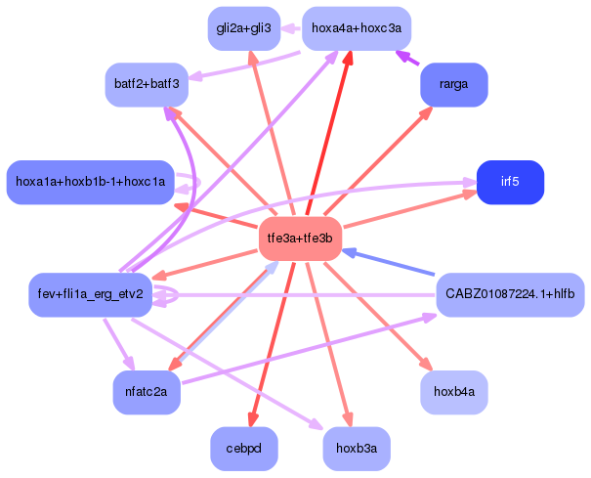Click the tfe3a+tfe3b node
pos(300,239)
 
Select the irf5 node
pos(510,182)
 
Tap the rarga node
pos(453,84)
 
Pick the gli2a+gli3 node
pos(244,28)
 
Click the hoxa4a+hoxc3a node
pos(357,28)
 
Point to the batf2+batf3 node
pos(147,84)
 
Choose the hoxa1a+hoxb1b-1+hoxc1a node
pos(90,182)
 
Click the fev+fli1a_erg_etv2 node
pos(89,294)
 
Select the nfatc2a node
pos(147,392)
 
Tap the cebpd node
pos(244,449)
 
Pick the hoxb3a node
pos(357,449)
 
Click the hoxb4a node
pos(453,392)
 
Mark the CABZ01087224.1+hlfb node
pos(510,294)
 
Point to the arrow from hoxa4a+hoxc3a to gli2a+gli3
pos(291,28)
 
